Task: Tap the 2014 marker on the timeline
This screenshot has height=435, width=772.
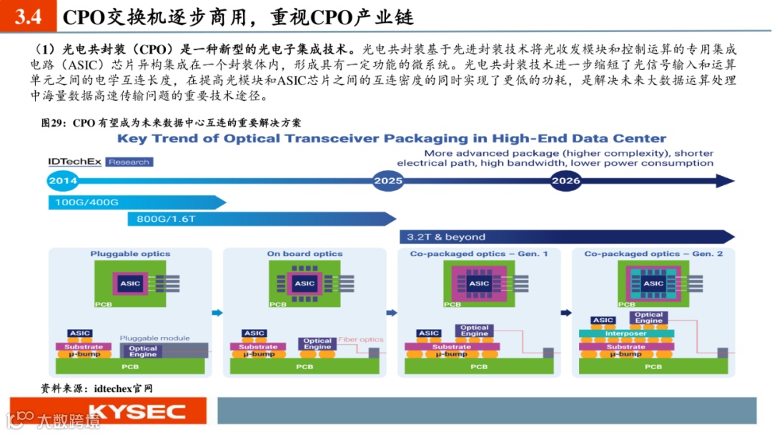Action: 63,181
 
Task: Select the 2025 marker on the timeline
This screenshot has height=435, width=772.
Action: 388,181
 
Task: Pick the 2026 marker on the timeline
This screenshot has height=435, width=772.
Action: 565,181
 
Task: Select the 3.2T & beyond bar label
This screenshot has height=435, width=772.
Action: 446,237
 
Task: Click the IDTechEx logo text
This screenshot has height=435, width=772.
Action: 75,162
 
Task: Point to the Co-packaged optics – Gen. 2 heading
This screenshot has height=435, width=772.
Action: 653,254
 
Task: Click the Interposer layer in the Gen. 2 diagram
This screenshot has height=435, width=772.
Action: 625,333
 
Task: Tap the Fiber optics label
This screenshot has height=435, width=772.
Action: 361,340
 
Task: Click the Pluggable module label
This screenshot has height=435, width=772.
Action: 154,338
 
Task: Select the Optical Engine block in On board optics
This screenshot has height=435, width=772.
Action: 317,344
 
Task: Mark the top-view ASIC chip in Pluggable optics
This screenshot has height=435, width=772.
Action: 130,283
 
